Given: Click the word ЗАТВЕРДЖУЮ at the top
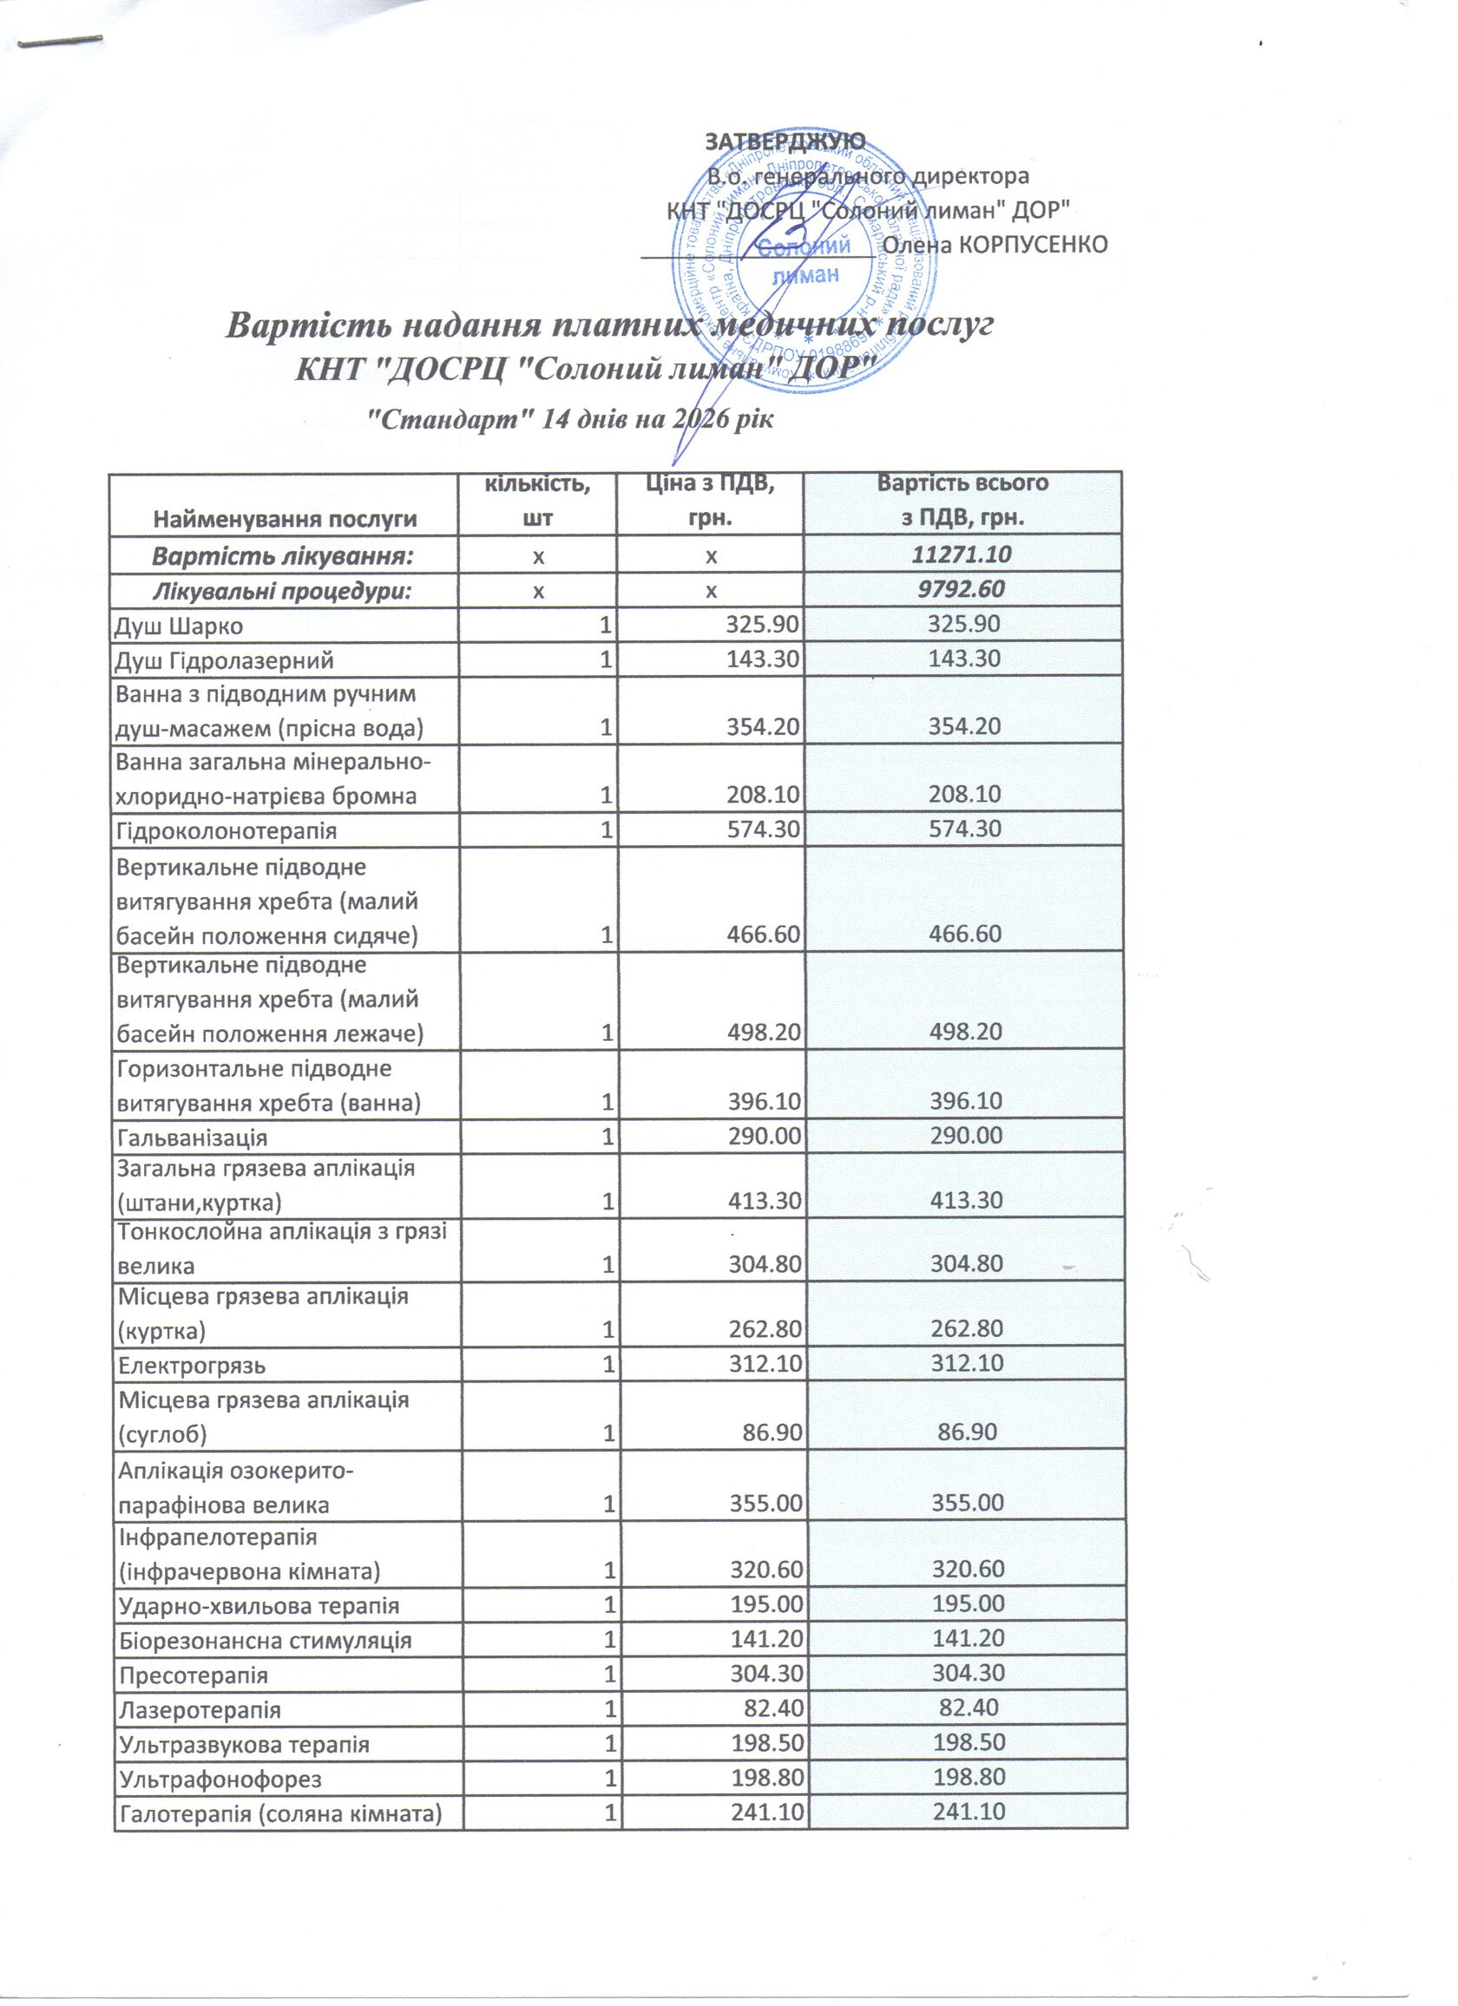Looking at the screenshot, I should pyautogui.click(x=784, y=141).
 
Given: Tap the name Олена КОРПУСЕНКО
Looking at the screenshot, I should pyautogui.click(x=995, y=245).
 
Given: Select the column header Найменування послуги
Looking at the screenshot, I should pyautogui.click(x=284, y=519).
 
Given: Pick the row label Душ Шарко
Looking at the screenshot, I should pyautogui.click(x=180, y=626).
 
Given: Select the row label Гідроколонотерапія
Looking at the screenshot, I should pyautogui.click(x=227, y=830).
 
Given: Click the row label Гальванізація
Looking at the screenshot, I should pyautogui.click(x=192, y=1137).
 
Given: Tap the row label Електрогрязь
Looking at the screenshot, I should pyautogui.click(x=192, y=1365).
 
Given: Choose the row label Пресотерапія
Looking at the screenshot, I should pyautogui.click(x=194, y=1675).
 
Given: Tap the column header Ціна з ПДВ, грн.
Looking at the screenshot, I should pyautogui.click(x=710, y=501).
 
